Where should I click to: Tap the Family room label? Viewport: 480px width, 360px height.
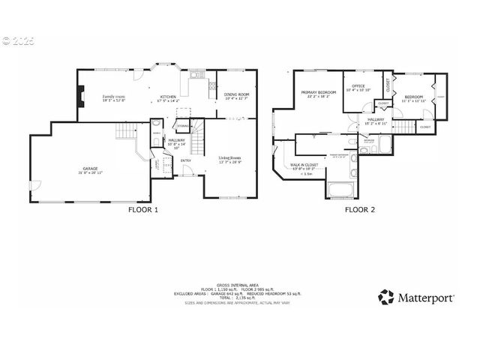114,97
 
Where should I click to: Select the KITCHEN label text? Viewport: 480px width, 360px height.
167,97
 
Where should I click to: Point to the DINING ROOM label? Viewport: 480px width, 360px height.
236,94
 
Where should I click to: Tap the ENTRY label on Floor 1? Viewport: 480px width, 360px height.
184,160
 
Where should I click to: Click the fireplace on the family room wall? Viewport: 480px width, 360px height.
79,97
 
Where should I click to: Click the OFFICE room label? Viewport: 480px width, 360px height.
358,87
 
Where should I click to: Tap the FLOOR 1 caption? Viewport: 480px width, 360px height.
143,210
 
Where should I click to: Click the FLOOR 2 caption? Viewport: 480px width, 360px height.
360,210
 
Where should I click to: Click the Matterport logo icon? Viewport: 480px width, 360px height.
385,297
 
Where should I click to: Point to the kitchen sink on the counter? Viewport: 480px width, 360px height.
195,74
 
